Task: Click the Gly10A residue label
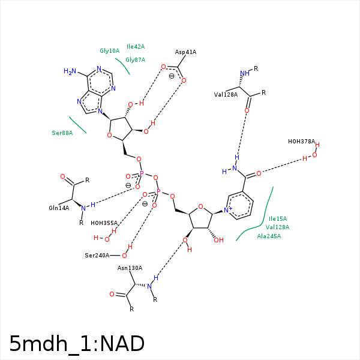tap(109, 51)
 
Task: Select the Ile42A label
tap(136, 46)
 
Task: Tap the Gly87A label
tap(136, 59)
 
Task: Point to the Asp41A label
tap(185, 52)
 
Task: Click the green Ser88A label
tap(62, 133)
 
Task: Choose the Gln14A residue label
tap(59, 208)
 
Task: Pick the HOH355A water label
tap(104, 223)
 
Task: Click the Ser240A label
tap(97, 256)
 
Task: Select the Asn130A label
tap(130, 268)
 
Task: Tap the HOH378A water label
tap(301, 142)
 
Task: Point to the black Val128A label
tap(226, 95)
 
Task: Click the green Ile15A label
tap(278, 219)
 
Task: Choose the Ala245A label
tap(269, 236)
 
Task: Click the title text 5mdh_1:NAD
tap(77, 344)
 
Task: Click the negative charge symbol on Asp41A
tap(172, 76)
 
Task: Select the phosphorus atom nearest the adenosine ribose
tap(142, 173)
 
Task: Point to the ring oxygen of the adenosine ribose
tap(109, 136)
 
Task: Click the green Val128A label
tap(277, 227)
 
